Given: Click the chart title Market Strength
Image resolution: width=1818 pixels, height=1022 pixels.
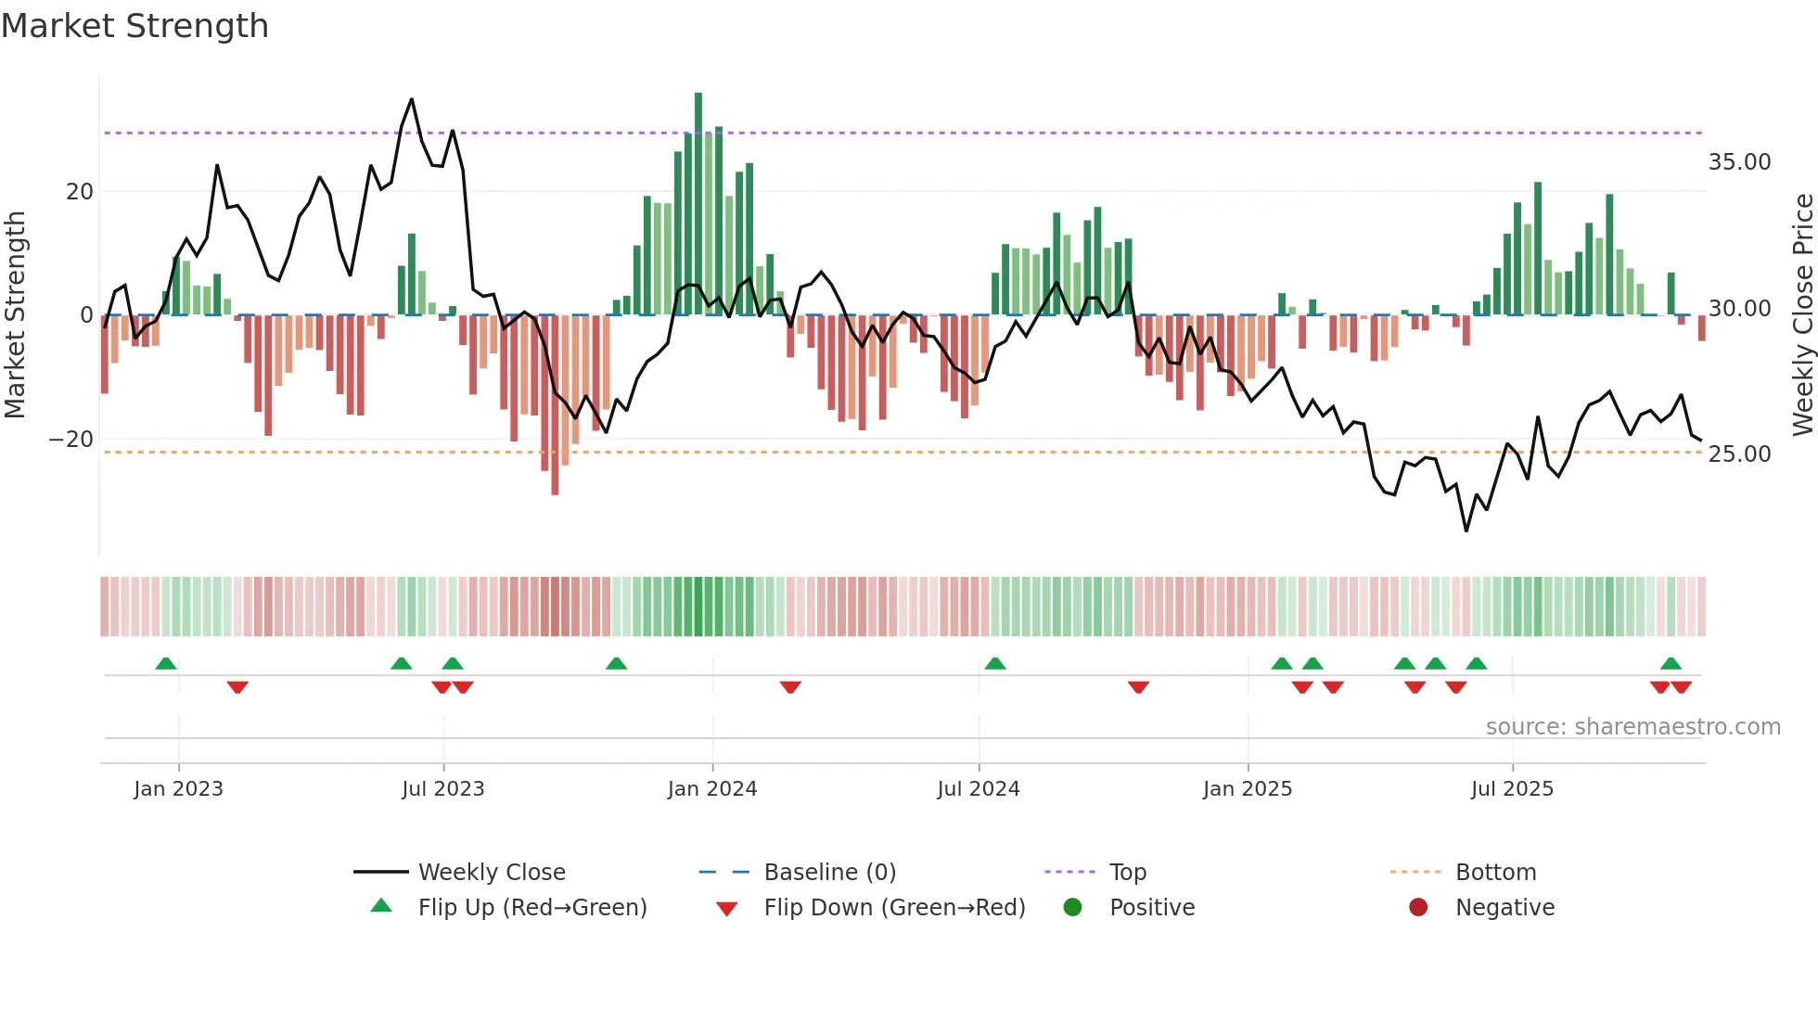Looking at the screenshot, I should (134, 26).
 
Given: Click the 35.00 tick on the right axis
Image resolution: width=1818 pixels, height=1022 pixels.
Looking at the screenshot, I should (1739, 162).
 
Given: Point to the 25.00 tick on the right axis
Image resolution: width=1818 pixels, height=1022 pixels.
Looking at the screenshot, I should (1739, 454).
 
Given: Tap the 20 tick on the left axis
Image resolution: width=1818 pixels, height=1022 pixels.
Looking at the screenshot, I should (80, 192).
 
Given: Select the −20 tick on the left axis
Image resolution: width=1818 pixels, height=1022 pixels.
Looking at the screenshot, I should (71, 440).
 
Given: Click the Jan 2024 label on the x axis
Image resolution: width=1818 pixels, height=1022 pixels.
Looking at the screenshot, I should (712, 789).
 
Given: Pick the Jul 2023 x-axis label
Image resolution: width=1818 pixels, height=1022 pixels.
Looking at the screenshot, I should (443, 789).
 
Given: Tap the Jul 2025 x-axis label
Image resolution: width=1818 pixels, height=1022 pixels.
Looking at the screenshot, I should (1512, 789).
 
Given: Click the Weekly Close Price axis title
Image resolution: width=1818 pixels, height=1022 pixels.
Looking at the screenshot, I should (1802, 315).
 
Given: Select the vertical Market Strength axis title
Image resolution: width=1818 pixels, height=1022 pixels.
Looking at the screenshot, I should (16, 315).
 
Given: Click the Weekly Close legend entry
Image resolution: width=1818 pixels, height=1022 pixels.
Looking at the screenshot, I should (492, 873).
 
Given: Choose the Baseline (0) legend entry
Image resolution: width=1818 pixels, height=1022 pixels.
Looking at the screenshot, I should (829, 873).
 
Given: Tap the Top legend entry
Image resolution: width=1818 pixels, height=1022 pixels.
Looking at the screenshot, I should (1127, 873).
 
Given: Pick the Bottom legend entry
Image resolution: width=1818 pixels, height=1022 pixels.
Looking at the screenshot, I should (1495, 873).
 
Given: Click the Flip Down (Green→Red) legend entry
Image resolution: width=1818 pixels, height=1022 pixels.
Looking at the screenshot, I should (894, 908).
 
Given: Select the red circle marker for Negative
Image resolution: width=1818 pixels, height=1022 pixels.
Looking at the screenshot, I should (1418, 908).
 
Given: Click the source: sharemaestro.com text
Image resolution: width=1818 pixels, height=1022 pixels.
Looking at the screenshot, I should (1632, 727).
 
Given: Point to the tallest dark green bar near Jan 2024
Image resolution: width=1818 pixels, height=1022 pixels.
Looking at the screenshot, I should (698, 204).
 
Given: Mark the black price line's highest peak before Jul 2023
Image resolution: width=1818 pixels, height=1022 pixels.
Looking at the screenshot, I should (412, 99).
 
